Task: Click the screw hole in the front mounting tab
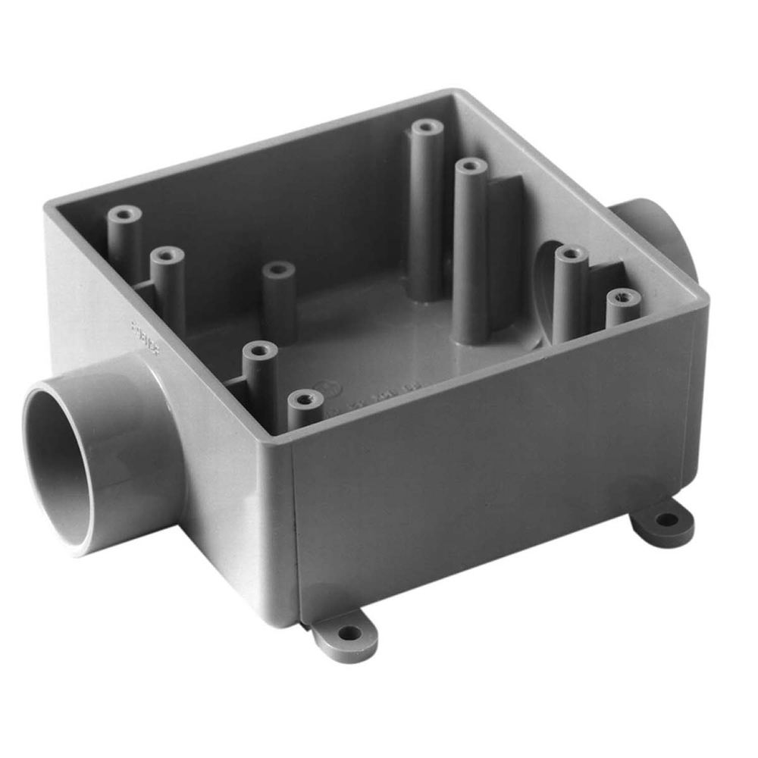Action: click(349, 632)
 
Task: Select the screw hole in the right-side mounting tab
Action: click(666, 520)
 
